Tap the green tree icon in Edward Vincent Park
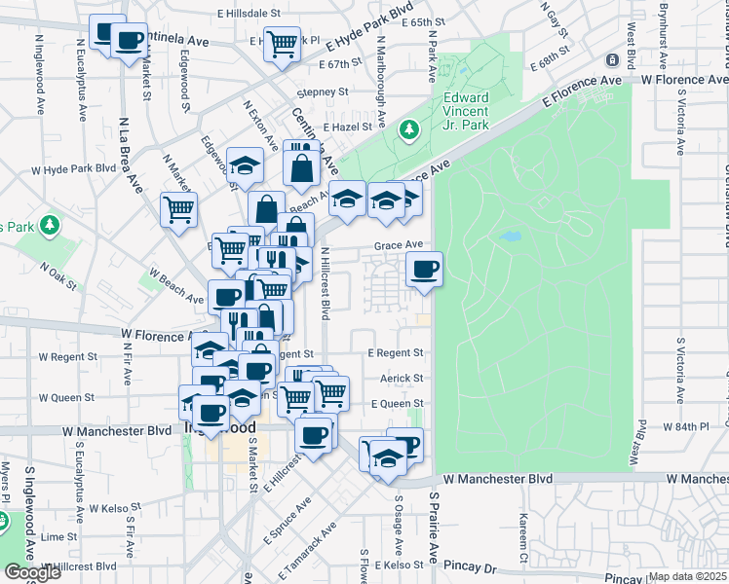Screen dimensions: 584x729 pyautogui.click(x=409, y=128)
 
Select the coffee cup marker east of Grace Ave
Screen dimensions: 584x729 pyautogui.click(x=424, y=269)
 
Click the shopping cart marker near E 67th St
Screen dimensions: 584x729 pyautogui.click(x=282, y=42)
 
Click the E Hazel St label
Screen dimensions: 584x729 pyautogui.click(x=345, y=127)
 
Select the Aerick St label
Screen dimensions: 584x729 pyautogui.click(x=403, y=378)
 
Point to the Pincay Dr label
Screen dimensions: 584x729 pyautogui.click(x=470, y=565)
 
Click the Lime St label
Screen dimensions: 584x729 pyautogui.click(x=58, y=536)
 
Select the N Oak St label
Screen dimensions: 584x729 pyautogui.click(x=59, y=275)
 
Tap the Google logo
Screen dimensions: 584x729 pyautogui.click(x=32, y=572)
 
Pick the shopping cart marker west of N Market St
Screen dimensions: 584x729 pyautogui.click(x=179, y=208)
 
